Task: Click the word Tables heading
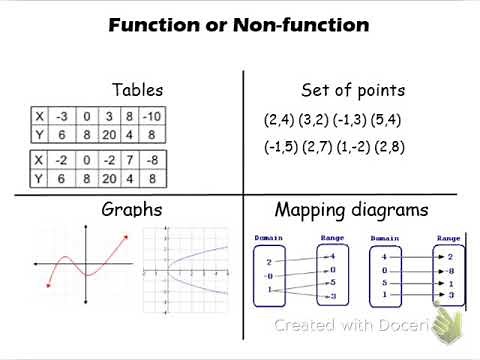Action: coord(137,90)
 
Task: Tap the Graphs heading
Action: coord(132,210)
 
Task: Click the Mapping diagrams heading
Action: coord(351,210)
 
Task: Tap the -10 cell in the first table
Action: coord(152,115)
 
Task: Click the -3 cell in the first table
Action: coord(62,115)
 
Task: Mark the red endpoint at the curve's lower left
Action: coord(49,285)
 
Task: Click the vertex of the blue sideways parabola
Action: coord(167,271)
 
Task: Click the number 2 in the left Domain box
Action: coord(269,262)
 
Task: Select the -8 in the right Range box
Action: coord(450,270)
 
